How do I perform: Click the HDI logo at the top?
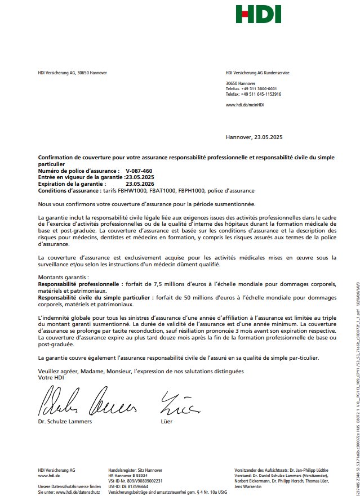click(259, 14)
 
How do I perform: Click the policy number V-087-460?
click(139, 171)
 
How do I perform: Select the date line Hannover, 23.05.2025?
click(254, 137)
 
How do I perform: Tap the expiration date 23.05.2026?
click(140, 184)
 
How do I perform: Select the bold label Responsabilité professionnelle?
click(80, 284)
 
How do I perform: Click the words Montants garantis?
click(63, 278)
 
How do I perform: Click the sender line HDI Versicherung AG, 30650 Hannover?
click(72, 73)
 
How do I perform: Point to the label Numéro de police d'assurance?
click(78, 171)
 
